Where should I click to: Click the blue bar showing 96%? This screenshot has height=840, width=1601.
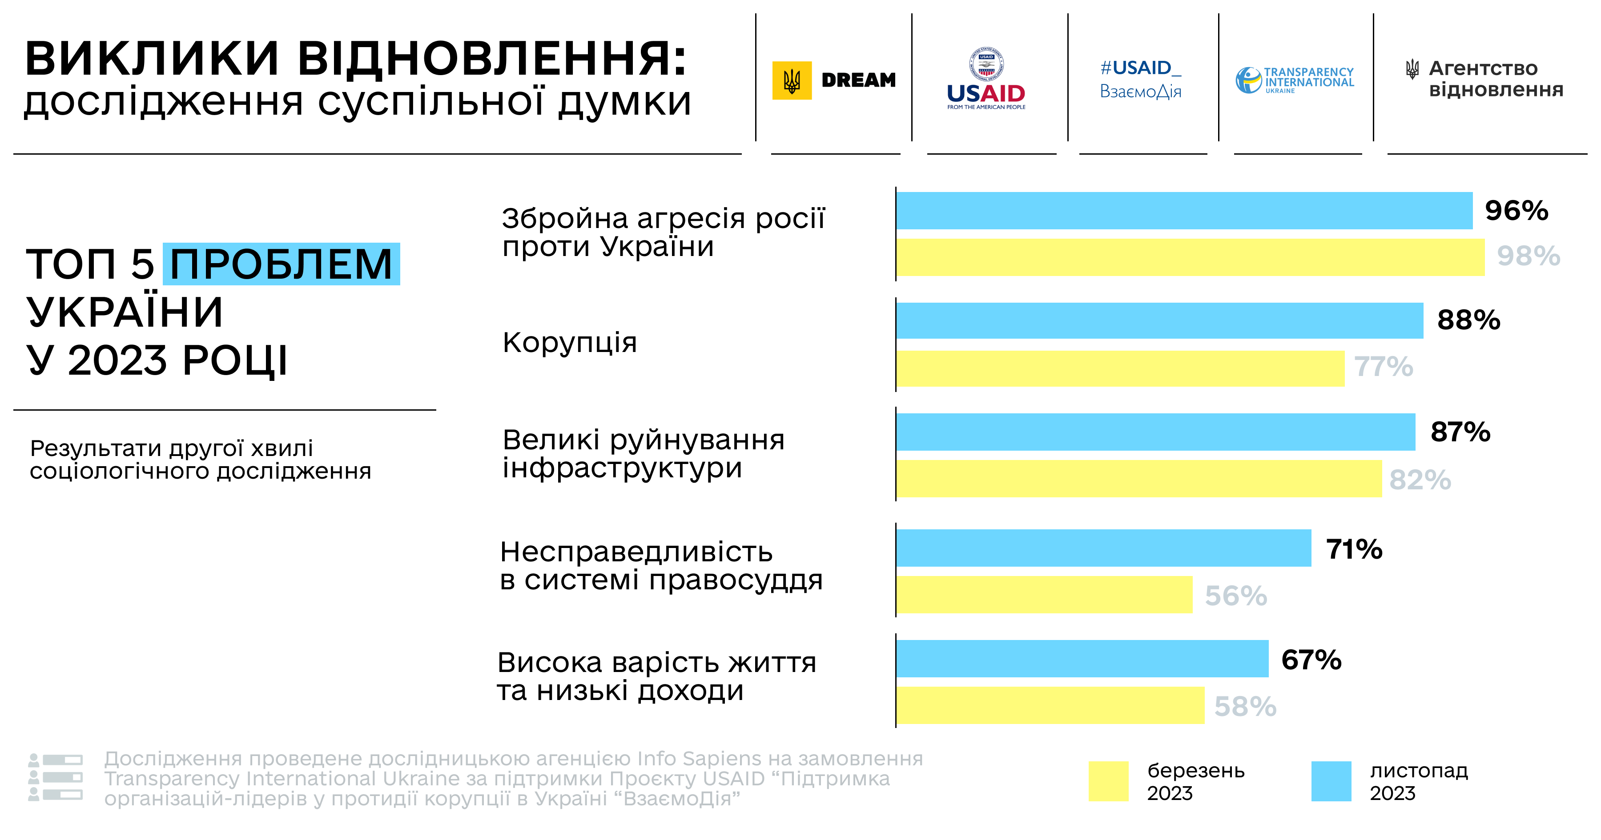[x=1184, y=211]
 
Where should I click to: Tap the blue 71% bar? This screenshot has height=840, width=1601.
[x=1103, y=548]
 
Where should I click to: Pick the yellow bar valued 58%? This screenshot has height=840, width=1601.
[x=1050, y=705]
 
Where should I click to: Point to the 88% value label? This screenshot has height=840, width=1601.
[x=1468, y=320]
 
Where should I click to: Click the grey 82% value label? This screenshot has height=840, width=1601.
[x=1420, y=480]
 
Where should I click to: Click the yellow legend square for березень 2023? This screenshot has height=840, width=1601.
[x=1108, y=781]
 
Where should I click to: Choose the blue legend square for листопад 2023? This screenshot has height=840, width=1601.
[x=1331, y=781]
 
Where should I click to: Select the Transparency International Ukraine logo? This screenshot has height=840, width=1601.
[x=1295, y=80]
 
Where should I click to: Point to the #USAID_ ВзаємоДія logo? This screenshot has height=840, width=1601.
[x=1140, y=79]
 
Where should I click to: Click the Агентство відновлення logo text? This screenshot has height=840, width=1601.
[x=1495, y=79]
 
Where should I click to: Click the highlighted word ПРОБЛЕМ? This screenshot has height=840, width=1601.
[x=282, y=264]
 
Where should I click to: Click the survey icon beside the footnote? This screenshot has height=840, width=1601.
[x=55, y=777]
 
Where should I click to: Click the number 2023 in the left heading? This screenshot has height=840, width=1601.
[x=117, y=360]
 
